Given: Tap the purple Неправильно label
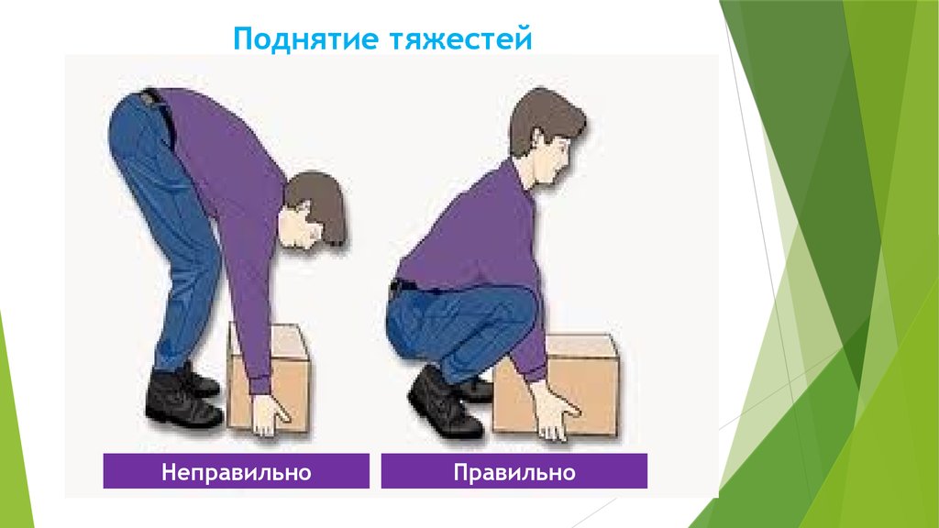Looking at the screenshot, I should pyautogui.click(x=237, y=473).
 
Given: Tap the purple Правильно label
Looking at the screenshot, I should pyautogui.click(x=514, y=473).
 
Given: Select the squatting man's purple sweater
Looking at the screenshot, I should pyautogui.click(x=468, y=229).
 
